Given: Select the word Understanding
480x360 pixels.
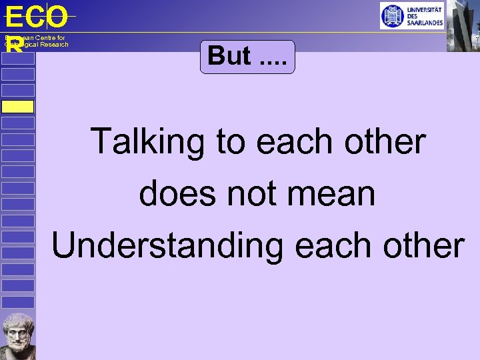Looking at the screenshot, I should click(167, 245).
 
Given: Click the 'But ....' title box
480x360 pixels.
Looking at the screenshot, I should click(247, 56).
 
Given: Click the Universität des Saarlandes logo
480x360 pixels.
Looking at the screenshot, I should click(411, 15).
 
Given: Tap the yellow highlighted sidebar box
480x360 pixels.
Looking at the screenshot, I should click(17, 107).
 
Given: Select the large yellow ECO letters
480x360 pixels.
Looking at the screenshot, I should click(36, 17).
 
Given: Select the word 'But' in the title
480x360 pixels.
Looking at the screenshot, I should click(229, 56).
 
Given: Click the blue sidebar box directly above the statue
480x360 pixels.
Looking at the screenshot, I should click(17, 302).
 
